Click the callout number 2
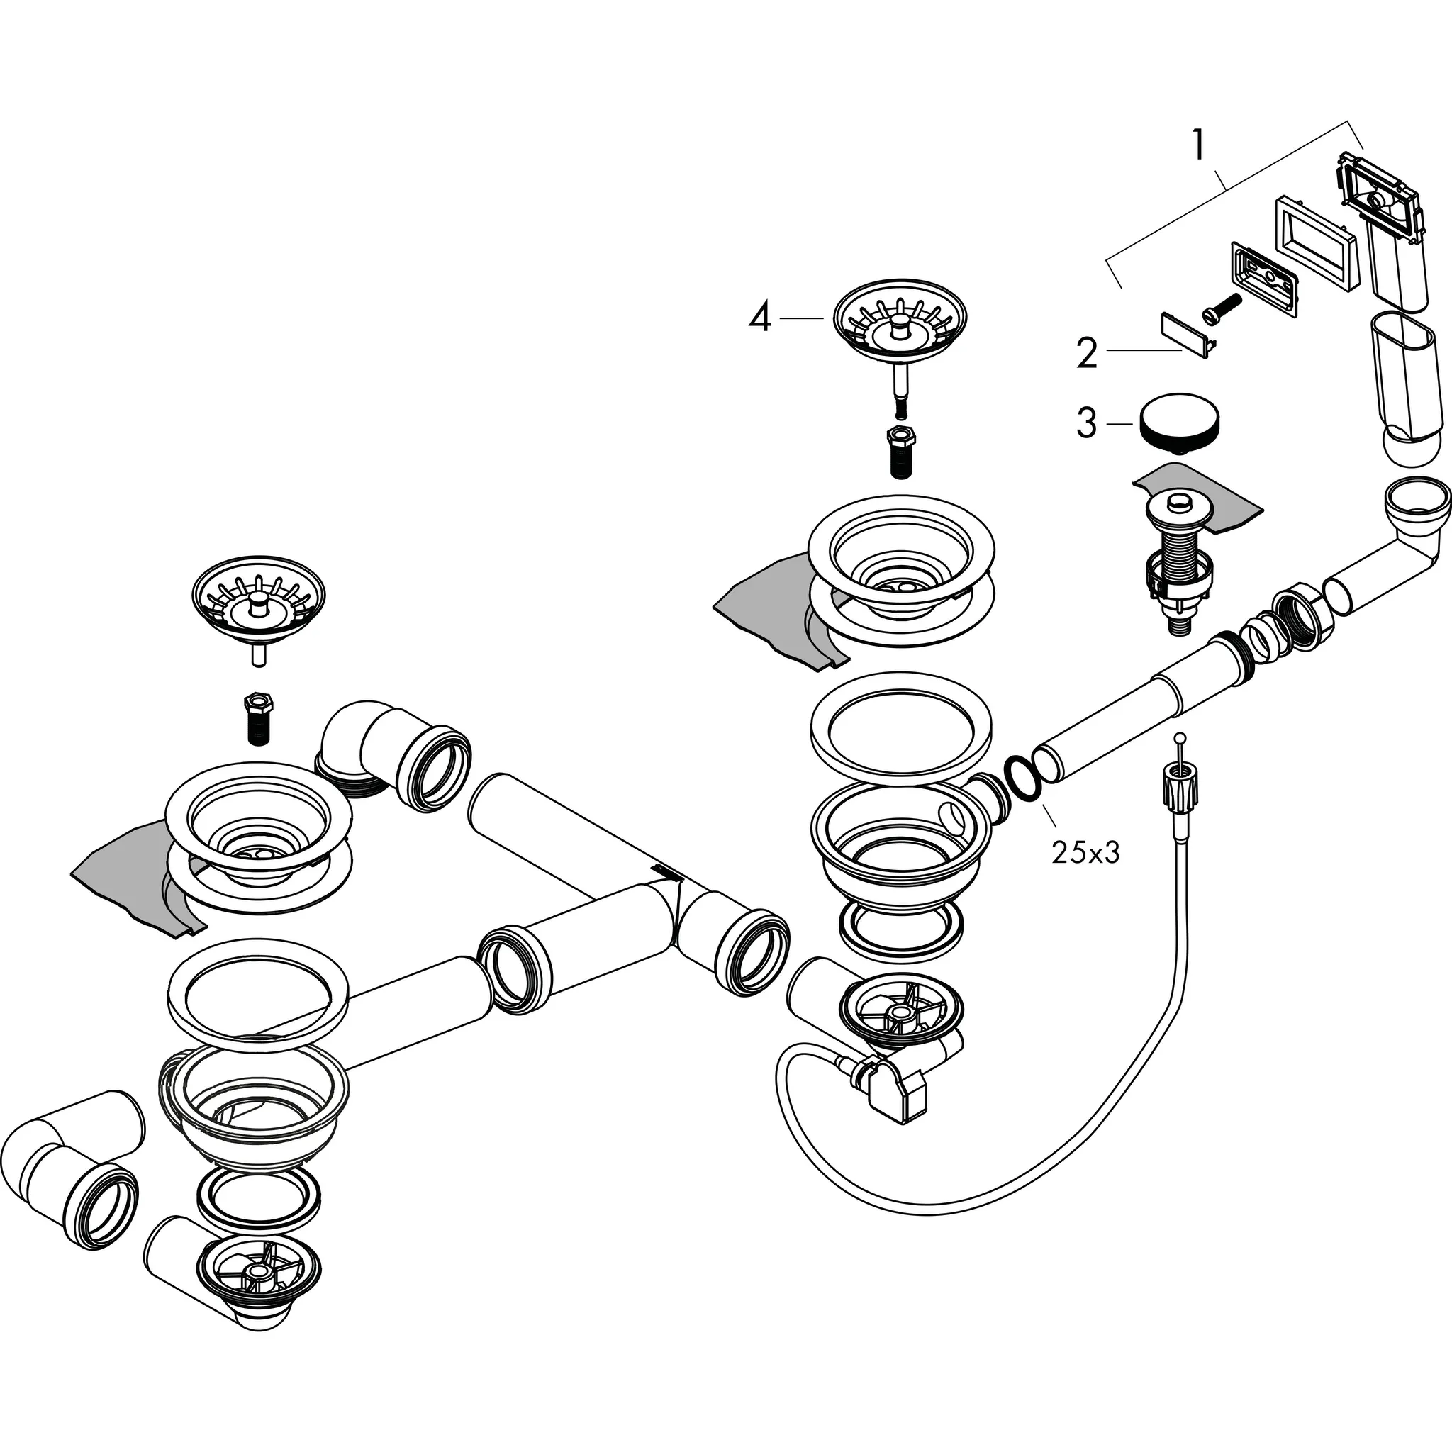click(1087, 353)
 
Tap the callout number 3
click(1087, 423)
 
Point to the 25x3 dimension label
click(1085, 852)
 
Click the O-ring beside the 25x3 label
click(1023, 776)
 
